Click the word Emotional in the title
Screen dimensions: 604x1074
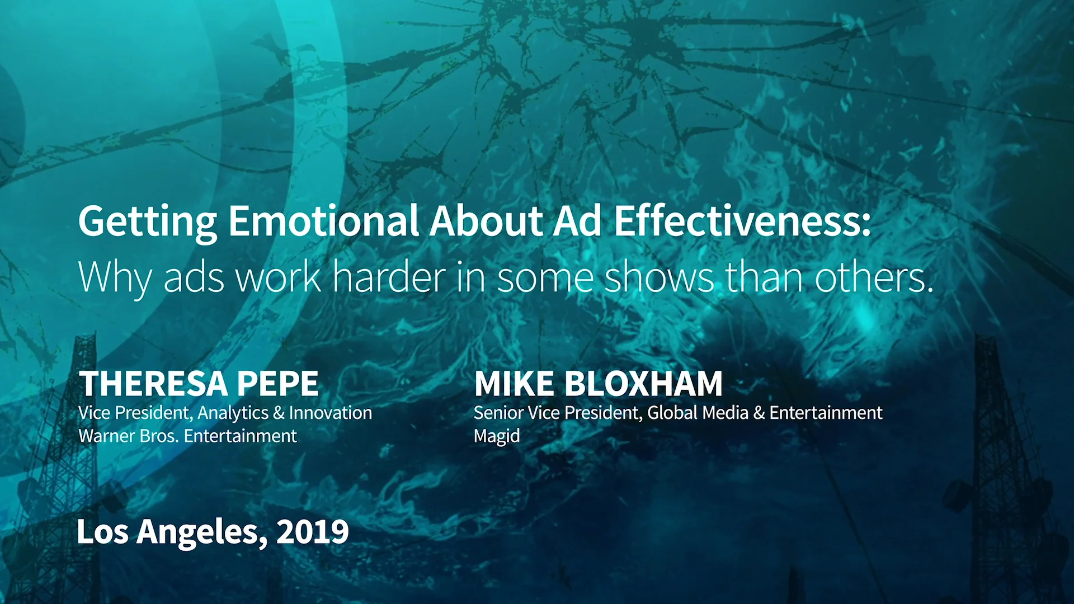click(x=323, y=221)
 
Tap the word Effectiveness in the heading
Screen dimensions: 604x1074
click(x=742, y=221)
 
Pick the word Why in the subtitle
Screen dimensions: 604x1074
click(x=115, y=278)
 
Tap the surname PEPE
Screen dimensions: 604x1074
click(x=278, y=384)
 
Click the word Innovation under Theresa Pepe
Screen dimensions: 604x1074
click(x=331, y=413)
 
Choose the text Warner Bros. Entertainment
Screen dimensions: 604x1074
click(x=187, y=436)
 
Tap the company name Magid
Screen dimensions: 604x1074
click(x=497, y=436)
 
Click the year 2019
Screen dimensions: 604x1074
click(x=313, y=531)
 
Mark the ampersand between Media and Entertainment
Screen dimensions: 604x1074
click(x=759, y=413)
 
